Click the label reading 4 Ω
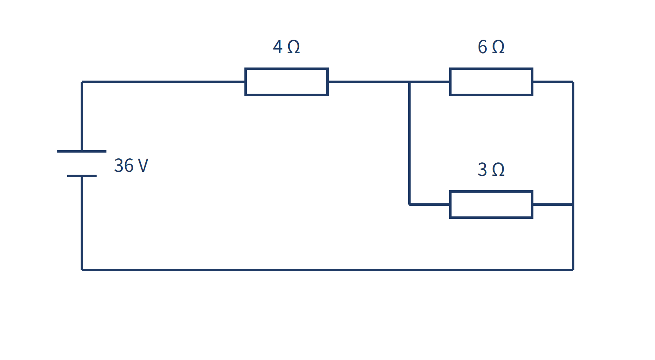(x=286, y=47)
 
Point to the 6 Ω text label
(x=491, y=47)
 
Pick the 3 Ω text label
(x=491, y=169)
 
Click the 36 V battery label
(x=131, y=165)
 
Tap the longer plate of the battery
(x=82, y=151)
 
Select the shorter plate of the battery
(x=82, y=176)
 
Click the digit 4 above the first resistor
(x=278, y=47)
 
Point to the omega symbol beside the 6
(x=498, y=47)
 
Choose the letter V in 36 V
(x=143, y=166)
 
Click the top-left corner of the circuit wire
(x=82, y=82)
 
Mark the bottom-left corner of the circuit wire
(x=82, y=270)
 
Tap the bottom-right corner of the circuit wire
(x=573, y=270)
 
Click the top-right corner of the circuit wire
(x=573, y=82)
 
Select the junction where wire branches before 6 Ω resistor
(x=409, y=82)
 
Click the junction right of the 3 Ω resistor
(x=573, y=205)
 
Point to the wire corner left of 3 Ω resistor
(x=409, y=205)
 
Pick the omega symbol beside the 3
(x=498, y=169)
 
